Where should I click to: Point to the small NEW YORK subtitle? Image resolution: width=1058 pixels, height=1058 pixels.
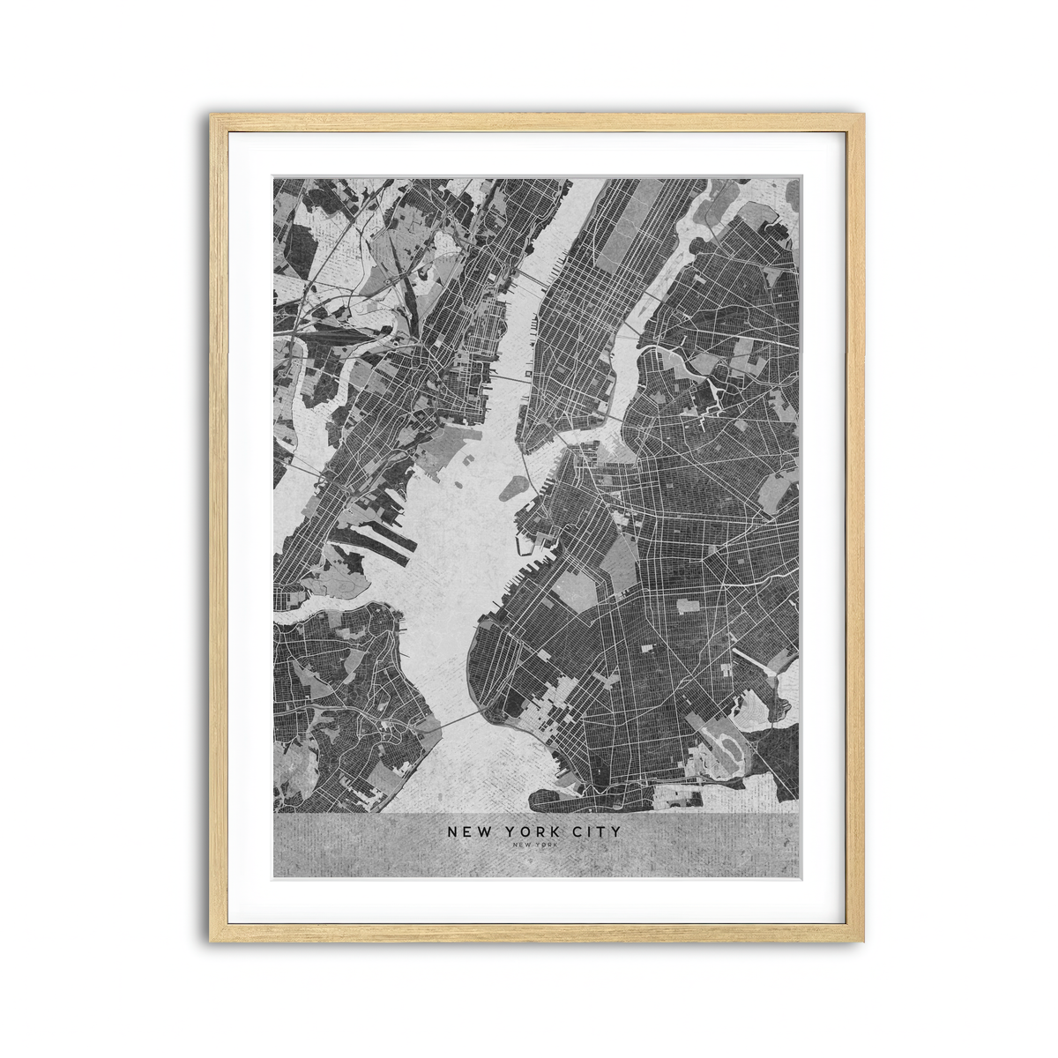click(x=533, y=846)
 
